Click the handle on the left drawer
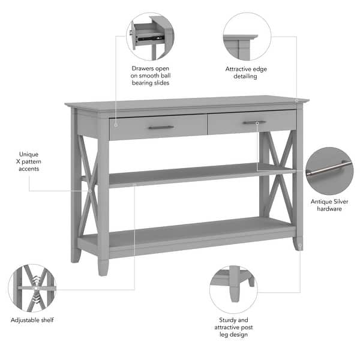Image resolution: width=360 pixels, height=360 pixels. [161, 127]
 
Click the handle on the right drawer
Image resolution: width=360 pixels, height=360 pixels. [254, 122]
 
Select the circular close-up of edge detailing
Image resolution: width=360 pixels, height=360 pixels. [247, 37]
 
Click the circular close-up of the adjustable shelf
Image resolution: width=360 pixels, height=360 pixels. [32, 289]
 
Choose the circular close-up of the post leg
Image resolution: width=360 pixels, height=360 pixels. [233, 290]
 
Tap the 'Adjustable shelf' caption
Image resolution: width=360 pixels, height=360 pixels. [32, 320]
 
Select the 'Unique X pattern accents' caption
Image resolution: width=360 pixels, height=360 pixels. [28, 161]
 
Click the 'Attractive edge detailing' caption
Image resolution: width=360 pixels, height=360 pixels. [246, 73]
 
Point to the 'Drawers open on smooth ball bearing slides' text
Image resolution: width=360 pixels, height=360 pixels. [150, 76]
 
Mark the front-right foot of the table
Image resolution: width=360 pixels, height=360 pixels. [298, 244]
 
